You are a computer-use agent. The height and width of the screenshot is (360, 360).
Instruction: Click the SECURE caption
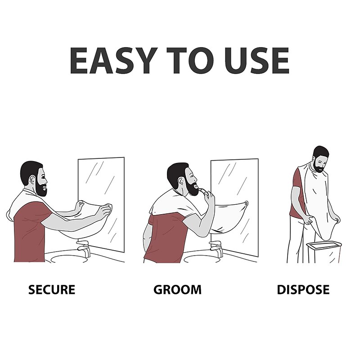tap(51, 289)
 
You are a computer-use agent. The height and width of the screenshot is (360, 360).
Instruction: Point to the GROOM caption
tap(177, 289)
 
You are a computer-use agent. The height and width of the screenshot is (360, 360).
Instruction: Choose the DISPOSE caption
tap(303, 289)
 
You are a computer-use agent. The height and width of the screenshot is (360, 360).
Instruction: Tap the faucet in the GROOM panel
tap(216, 247)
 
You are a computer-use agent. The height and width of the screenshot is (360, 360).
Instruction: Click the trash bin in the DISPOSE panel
tap(324, 252)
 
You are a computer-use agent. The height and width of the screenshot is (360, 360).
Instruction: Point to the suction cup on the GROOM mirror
tap(246, 203)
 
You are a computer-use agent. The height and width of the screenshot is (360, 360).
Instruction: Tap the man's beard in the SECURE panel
tap(41, 188)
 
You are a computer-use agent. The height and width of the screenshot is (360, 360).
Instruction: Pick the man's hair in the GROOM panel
tap(176, 171)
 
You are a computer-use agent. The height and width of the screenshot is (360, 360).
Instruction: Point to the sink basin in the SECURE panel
tap(67, 259)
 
